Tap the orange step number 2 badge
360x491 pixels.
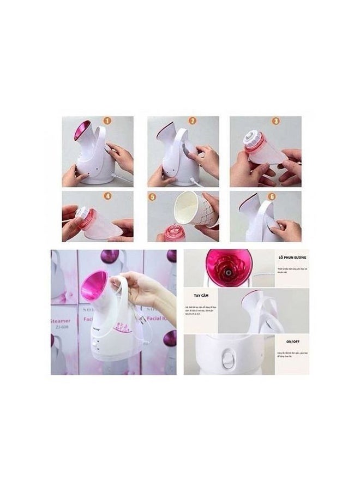click(x=192, y=122)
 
